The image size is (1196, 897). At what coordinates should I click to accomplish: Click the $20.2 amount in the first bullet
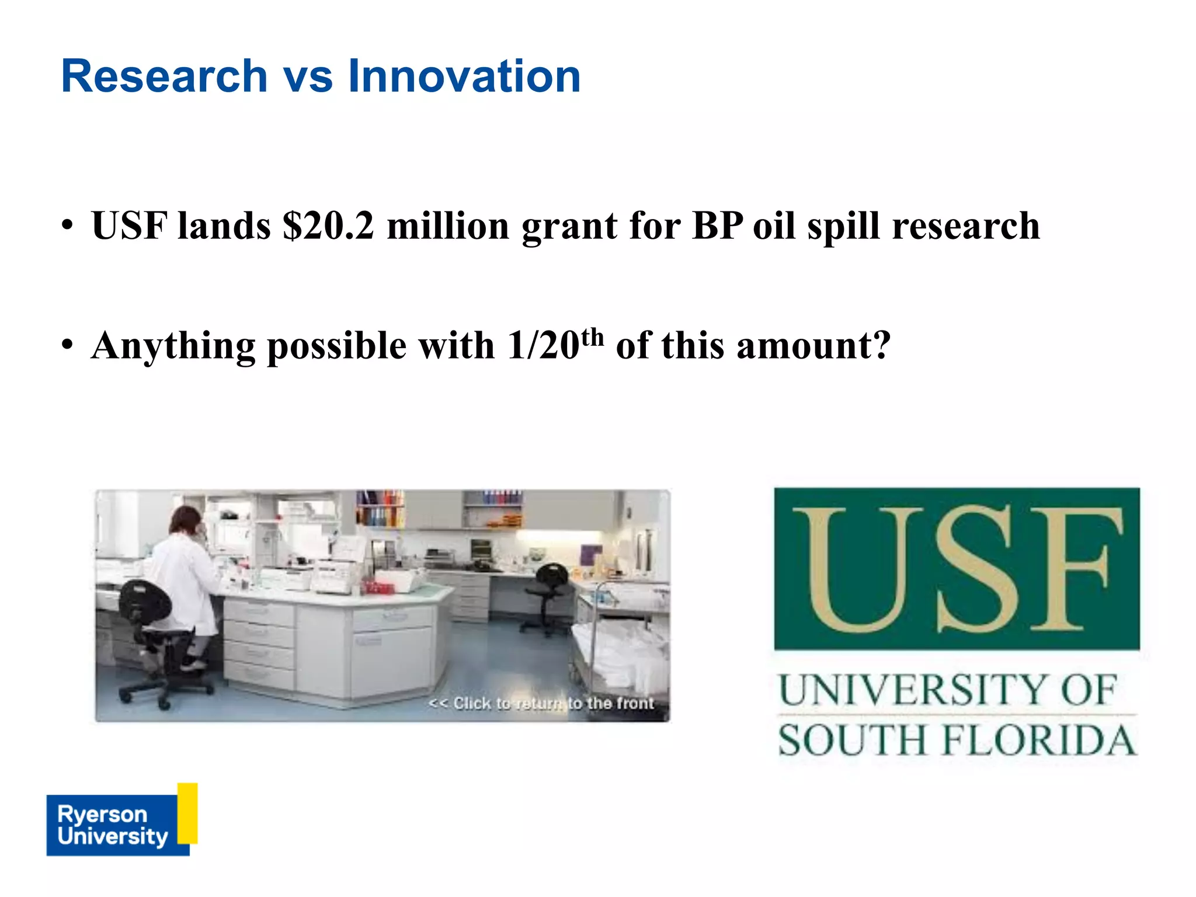(x=328, y=225)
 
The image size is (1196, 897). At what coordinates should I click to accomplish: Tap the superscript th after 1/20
(x=592, y=337)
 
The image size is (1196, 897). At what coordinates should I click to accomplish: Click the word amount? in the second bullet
(x=814, y=346)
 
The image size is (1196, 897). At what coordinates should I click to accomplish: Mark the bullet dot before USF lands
(x=68, y=225)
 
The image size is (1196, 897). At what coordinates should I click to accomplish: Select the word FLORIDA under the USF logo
(x=1039, y=740)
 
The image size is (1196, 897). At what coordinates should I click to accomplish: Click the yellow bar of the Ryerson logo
(x=187, y=813)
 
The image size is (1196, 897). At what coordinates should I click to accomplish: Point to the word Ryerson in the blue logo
(x=102, y=813)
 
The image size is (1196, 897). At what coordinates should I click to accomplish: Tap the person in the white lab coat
(x=186, y=578)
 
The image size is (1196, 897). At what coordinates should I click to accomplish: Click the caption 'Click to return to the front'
(x=541, y=703)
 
